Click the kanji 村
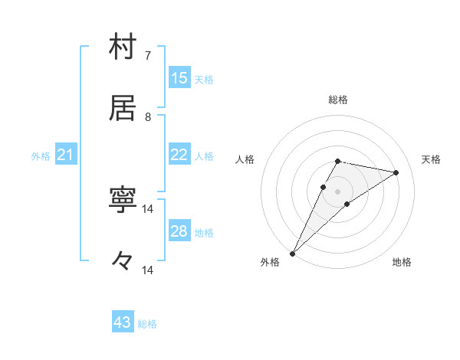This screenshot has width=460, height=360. (x=123, y=47)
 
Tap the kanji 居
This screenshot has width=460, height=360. (x=123, y=108)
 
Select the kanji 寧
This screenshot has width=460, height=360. (x=123, y=201)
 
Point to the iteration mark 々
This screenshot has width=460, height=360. (x=123, y=261)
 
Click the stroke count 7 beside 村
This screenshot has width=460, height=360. (x=147, y=55)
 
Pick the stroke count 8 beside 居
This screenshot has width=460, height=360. (x=147, y=116)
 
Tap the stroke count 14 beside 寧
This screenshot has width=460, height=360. (x=148, y=209)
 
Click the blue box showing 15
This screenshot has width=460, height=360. (x=179, y=78)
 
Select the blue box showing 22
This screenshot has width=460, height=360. (x=179, y=155)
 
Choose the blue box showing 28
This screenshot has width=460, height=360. (x=179, y=231)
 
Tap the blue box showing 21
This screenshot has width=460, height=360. (x=66, y=155)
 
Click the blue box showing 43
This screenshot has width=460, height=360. (x=123, y=322)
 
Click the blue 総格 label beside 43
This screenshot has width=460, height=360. (x=147, y=324)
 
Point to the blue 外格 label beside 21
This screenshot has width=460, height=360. (x=41, y=156)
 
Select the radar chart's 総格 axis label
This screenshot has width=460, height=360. (x=337, y=100)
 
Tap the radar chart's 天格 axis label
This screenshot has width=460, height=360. (x=432, y=159)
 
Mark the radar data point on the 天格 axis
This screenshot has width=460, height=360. (x=396, y=172)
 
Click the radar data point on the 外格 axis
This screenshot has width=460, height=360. (x=292, y=253)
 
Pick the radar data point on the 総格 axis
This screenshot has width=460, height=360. (x=337, y=161)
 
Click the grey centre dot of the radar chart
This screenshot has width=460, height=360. (x=337, y=191)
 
